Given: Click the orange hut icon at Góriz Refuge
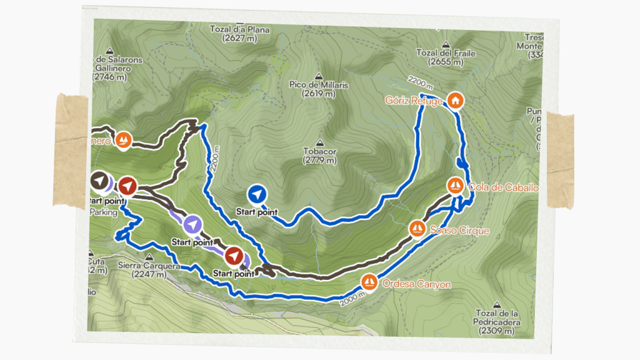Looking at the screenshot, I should click(x=456, y=100).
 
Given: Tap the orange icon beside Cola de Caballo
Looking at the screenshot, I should click(x=456, y=186).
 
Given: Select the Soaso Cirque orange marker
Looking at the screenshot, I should click(x=417, y=229).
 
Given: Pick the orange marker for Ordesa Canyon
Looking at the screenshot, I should click(x=369, y=282).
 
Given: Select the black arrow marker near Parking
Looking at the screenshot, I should click(x=99, y=182).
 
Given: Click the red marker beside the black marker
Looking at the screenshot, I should click(x=127, y=186).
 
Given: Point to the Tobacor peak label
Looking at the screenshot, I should click(x=320, y=156).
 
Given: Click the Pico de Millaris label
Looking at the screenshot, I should click(x=319, y=88).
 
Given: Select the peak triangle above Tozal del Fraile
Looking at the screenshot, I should click(x=446, y=44).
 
